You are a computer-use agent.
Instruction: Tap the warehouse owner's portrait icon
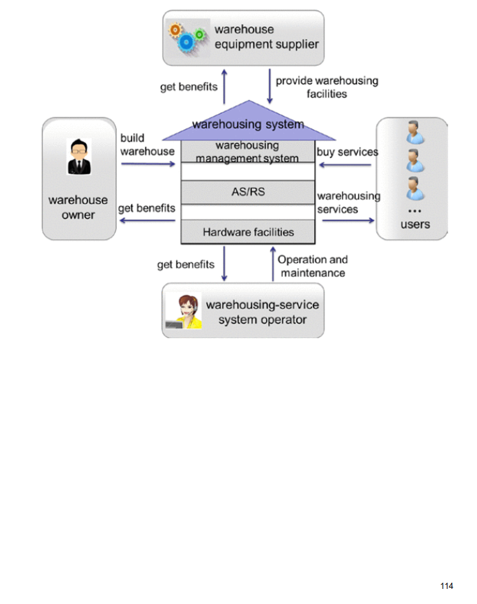click(79, 157)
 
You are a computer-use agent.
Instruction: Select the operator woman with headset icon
click(185, 313)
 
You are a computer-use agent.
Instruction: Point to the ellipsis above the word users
click(414, 210)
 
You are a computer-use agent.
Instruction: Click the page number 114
click(447, 585)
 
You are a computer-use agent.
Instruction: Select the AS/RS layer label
click(247, 192)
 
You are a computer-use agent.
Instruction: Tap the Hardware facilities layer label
click(248, 232)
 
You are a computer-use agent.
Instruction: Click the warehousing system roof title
click(247, 124)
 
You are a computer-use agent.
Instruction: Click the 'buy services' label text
click(347, 151)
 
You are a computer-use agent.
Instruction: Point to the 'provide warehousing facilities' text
click(326, 87)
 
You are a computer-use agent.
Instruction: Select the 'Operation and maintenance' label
click(313, 266)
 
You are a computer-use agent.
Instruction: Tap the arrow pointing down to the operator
click(225, 265)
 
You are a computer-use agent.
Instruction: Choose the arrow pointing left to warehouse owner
click(147, 221)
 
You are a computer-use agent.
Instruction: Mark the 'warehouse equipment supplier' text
click(267, 37)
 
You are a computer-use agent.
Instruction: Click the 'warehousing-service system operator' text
click(263, 312)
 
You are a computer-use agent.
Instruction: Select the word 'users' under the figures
click(415, 224)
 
